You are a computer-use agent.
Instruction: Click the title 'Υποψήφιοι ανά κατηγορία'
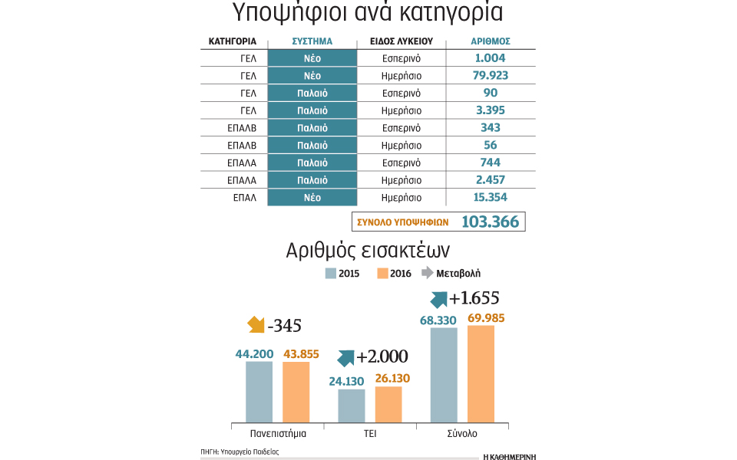pyautogui.click(x=368, y=15)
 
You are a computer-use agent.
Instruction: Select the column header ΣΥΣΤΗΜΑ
pyautogui.click(x=312, y=41)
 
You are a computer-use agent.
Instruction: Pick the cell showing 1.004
pyautogui.click(x=491, y=58)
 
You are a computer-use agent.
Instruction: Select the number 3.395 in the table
pyautogui.click(x=491, y=110)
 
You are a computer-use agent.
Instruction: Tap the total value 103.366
pyautogui.click(x=491, y=222)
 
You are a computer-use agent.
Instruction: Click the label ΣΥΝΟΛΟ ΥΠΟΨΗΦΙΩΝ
pyautogui.click(x=402, y=222)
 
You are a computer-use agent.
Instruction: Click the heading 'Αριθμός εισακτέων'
pyautogui.click(x=368, y=250)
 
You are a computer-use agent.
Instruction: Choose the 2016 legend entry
pyautogui.click(x=395, y=274)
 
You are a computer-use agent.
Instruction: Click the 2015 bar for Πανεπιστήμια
pyautogui.click(x=259, y=391)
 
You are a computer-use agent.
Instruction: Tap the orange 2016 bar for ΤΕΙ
pyautogui.click(x=388, y=404)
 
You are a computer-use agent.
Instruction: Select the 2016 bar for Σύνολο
pyautogui.click(x=481, y=373)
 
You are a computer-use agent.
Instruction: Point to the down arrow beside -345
pyautogui.click(x=256, y=325)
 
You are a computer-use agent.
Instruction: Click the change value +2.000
pyautogui.click(x=382, y=356)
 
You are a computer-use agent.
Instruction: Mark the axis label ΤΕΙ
pyautogui.click(x=369, y=434)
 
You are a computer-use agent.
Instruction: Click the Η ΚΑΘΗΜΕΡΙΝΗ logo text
pyautogui.click(x=509, y=455)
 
